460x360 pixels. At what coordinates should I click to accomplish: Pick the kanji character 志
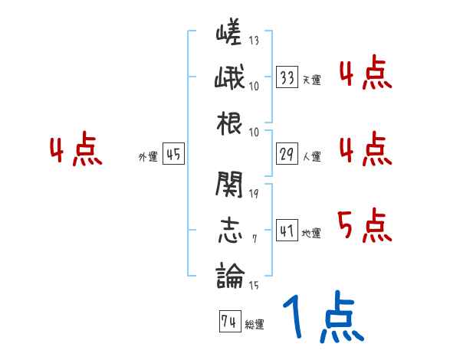229,228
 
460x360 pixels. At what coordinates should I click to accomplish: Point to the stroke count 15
254,285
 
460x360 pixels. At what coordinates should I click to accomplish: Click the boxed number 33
287,77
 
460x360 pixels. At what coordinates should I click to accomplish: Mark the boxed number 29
287,154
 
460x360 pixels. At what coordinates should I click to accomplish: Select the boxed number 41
287,231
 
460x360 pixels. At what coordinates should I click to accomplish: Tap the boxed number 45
173,154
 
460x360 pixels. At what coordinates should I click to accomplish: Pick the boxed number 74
228,322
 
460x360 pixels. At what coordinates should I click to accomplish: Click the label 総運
255,325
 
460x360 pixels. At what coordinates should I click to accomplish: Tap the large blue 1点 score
323,318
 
